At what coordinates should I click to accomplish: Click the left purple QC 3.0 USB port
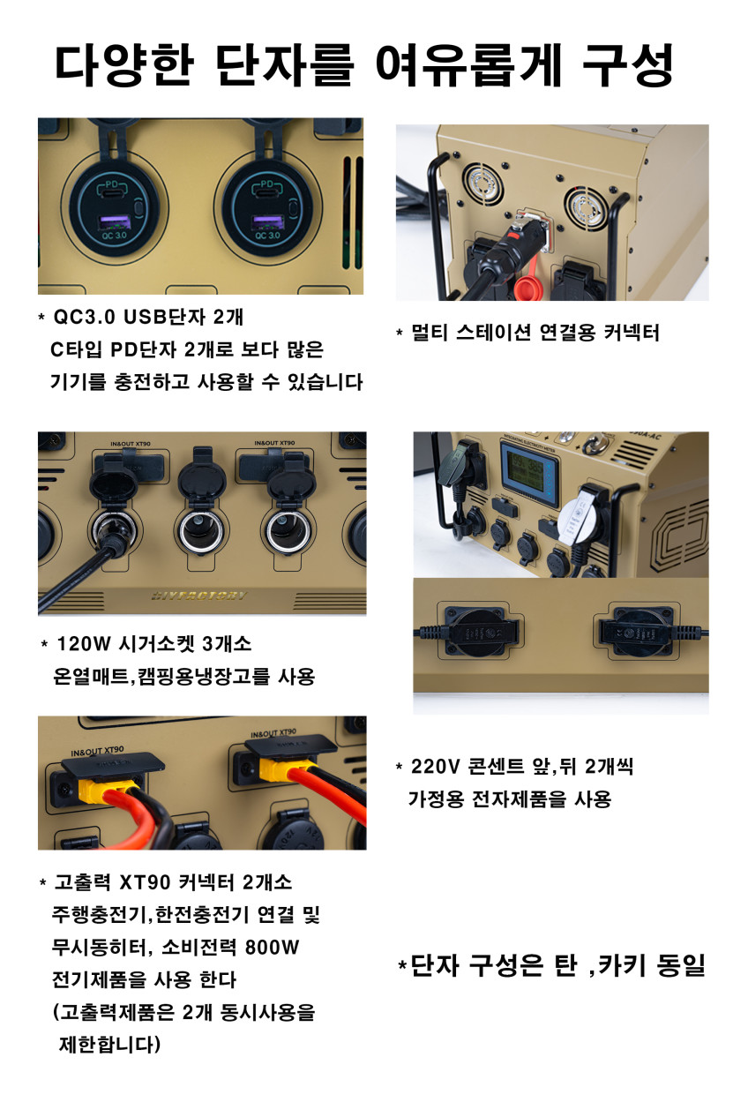tap(116, 223)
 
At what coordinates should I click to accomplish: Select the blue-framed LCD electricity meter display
tap(529, 474)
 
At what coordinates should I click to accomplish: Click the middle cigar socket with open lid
tap(201, 531)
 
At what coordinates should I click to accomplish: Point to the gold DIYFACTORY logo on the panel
tap(199, 596)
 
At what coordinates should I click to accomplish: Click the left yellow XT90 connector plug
tap(100, 790)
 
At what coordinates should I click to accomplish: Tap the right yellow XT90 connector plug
tap(279, 769)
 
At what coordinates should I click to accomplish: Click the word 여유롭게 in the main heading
tap(468, 65)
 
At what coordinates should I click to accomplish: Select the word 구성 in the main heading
tap(628, 65)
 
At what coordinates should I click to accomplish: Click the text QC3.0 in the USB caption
tap(84, 318)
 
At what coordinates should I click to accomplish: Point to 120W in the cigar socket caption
tap(84, 643)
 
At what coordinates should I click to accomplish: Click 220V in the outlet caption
tap(435, 767)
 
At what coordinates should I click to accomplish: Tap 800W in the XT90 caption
tap(272, 947)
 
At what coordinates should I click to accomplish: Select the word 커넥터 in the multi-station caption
tap(632, 333)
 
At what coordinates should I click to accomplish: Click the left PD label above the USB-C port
tap(113, 186)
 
